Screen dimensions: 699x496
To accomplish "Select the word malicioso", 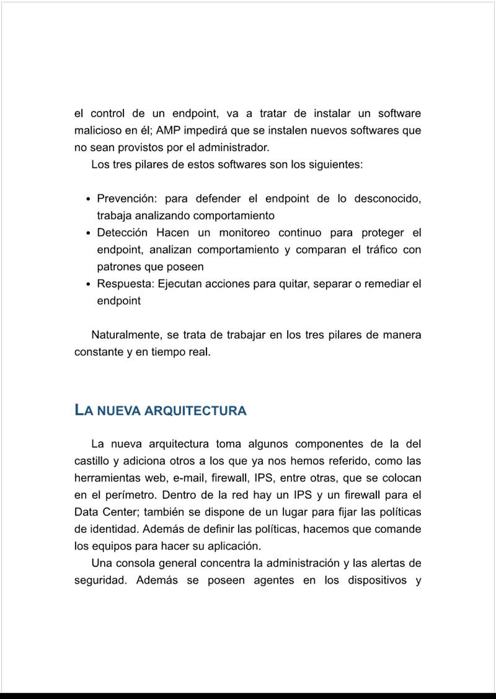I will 97,131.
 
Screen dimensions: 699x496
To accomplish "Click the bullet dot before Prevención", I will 89,200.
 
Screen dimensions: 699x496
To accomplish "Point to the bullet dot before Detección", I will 89,234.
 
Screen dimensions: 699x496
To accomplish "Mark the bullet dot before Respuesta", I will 89,284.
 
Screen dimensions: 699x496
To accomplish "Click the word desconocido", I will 387,199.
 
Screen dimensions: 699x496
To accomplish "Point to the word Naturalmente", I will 126,335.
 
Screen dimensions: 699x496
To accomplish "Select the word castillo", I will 92,461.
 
